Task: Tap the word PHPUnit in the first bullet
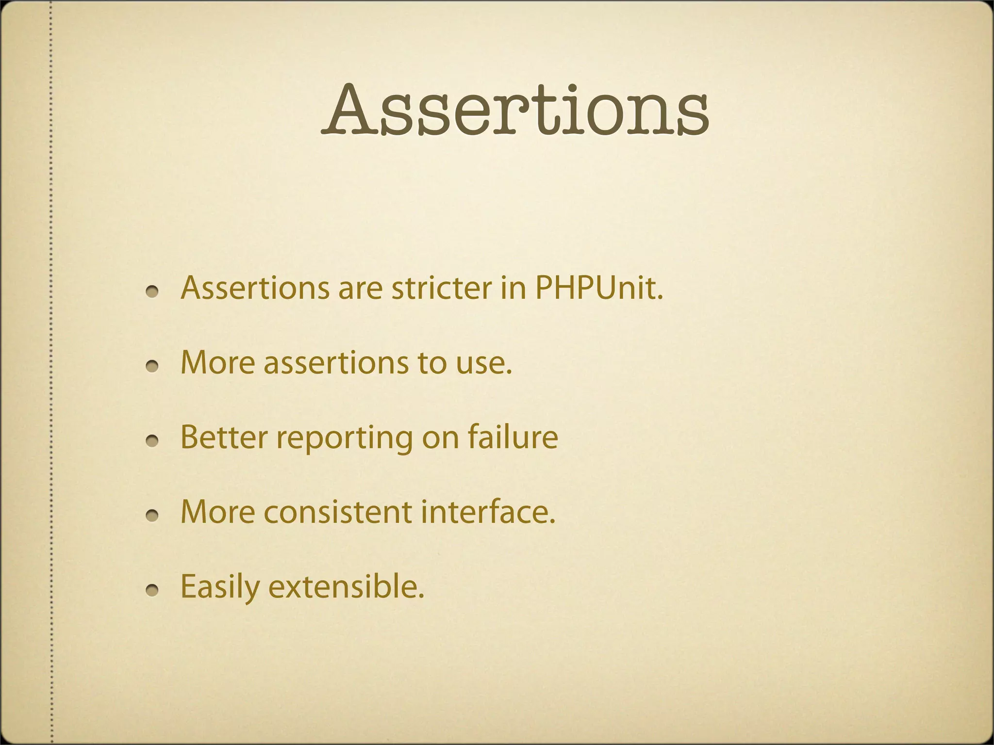click(599, 288)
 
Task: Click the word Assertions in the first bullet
click(255, 288)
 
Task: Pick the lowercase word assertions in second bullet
click(336, 363)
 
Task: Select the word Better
click(224, 437)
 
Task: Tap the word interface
click(488, 512)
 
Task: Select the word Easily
click(220, 587)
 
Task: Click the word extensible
click(346, 587)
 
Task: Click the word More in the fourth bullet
click(217, 512)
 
